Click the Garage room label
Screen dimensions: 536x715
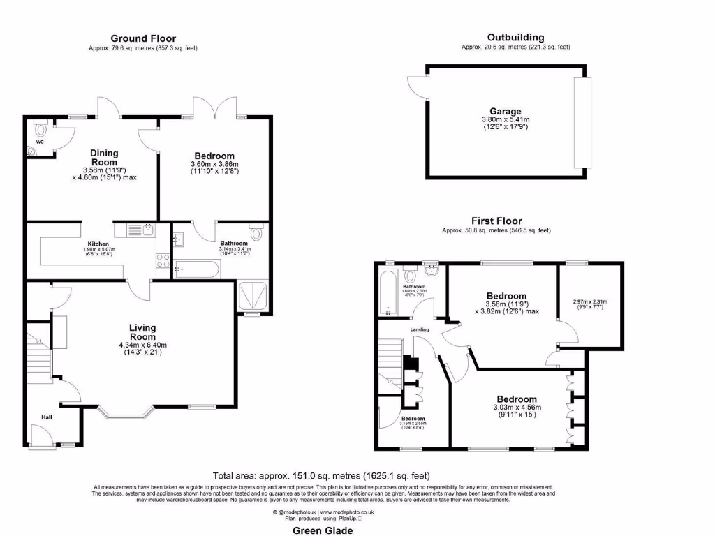[x=505, y=112]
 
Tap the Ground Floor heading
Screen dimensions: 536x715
[x=143, y=38]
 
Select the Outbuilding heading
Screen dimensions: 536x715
[x=515, y=37]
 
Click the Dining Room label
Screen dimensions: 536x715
[x=104, y=157]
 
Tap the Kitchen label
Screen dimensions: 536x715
[x=98, y=244]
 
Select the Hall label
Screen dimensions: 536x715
[x=46, y=417]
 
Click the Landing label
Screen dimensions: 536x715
[x=420, y=329]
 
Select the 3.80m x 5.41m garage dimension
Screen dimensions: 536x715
[x=506, y=120]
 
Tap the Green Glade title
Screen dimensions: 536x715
[x=322, y=530]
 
